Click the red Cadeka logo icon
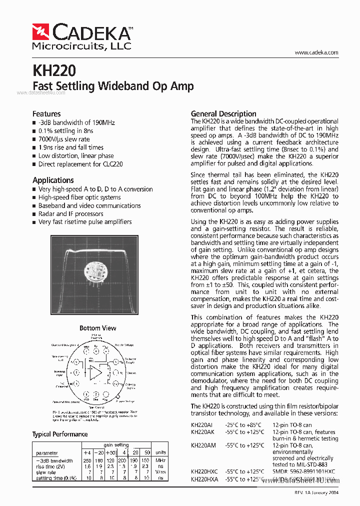(41, 32)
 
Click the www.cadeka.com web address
(316, 52)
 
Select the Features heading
(46, 114)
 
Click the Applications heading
(53, 180)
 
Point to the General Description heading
(223, 113)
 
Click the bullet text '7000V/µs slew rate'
(64, 139)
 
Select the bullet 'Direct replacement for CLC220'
(80, 164)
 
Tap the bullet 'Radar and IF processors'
(71, 213)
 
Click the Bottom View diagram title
(97, 328)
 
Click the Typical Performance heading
(60, 434)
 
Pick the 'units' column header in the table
(160, 452)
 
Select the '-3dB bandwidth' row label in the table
(55, 460)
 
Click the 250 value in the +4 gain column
(87, 460)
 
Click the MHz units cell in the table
(160, 460)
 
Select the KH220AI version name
(202, 424)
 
